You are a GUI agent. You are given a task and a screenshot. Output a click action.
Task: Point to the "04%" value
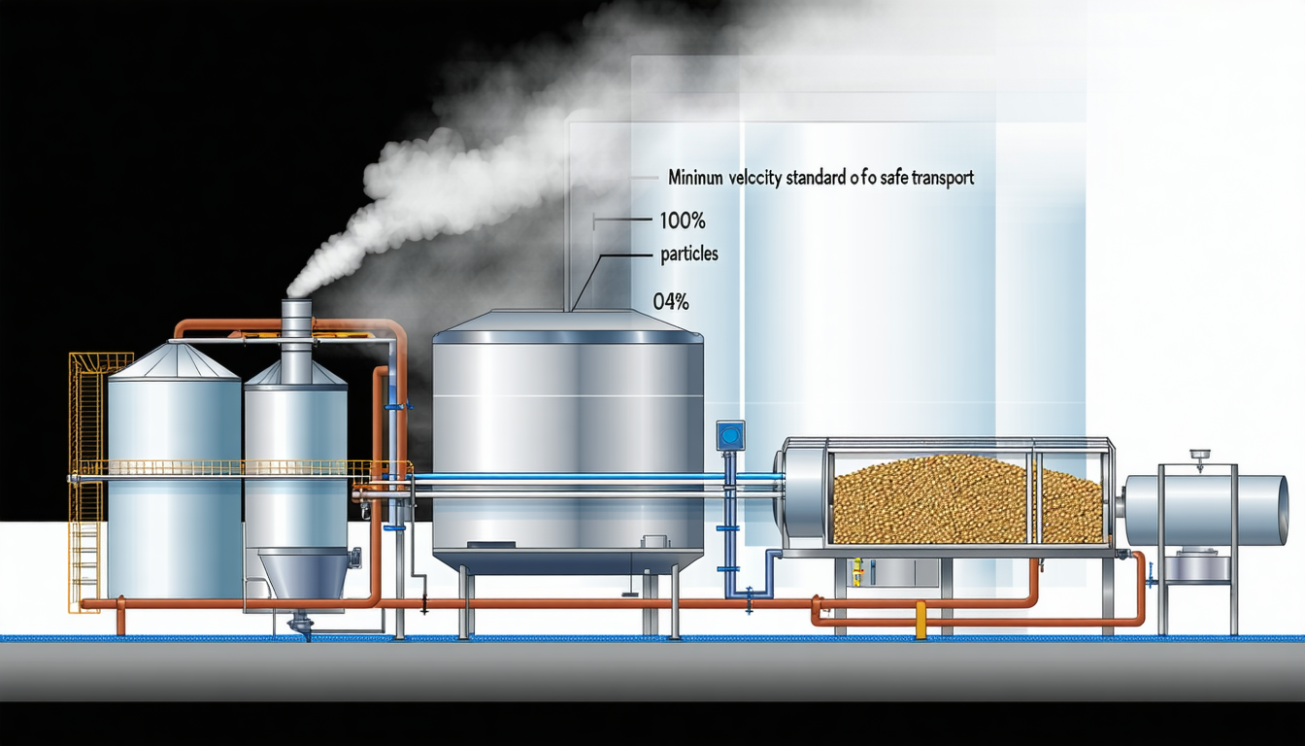click(671, 302)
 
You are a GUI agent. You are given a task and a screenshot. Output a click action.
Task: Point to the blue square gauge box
click(729, 434)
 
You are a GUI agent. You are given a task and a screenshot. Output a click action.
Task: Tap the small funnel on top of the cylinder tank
click(1201, 455)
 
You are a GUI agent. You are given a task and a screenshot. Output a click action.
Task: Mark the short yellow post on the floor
click(920, 621)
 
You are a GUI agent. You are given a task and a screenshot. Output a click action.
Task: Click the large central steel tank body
click(567, 447)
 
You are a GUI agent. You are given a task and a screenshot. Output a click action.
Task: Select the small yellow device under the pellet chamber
click(857, 572)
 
